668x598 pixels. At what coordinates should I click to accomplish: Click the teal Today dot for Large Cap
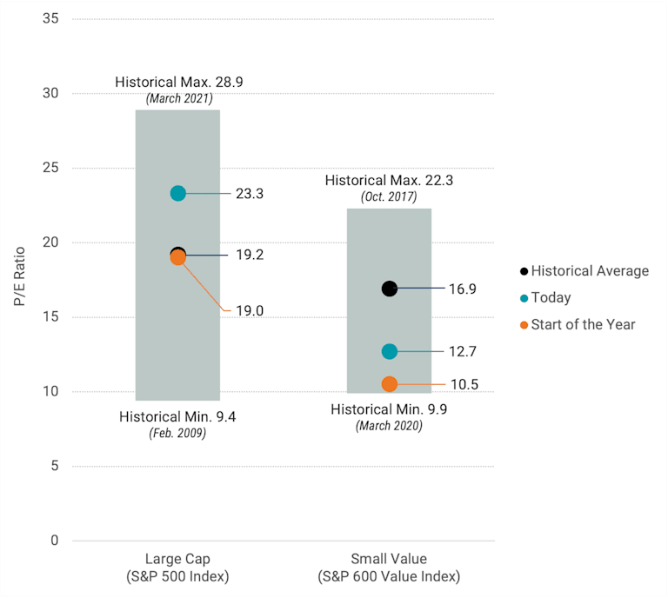[x=177, y=193]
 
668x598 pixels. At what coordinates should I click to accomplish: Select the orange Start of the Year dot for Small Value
[x=389, y=384]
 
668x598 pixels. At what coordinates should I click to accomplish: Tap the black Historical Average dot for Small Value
[x=389, y=289]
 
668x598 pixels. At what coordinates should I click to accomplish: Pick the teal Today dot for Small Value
[x=389, y=351]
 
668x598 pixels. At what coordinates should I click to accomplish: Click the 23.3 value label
[x=249, y=194]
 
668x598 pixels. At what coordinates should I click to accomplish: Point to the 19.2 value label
[x=249, y=256]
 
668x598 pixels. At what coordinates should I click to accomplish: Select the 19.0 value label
[x=249, y=309]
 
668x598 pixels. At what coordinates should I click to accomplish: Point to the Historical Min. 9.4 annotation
[x=177, y=416]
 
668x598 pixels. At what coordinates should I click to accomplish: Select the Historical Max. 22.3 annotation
[x=389, y=181]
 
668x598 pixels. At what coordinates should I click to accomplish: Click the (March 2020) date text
[x=389, y=426]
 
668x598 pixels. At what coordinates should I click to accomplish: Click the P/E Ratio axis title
[x=19, y=279]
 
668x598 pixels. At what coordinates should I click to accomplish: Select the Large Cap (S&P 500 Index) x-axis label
[x=177, y=568]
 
